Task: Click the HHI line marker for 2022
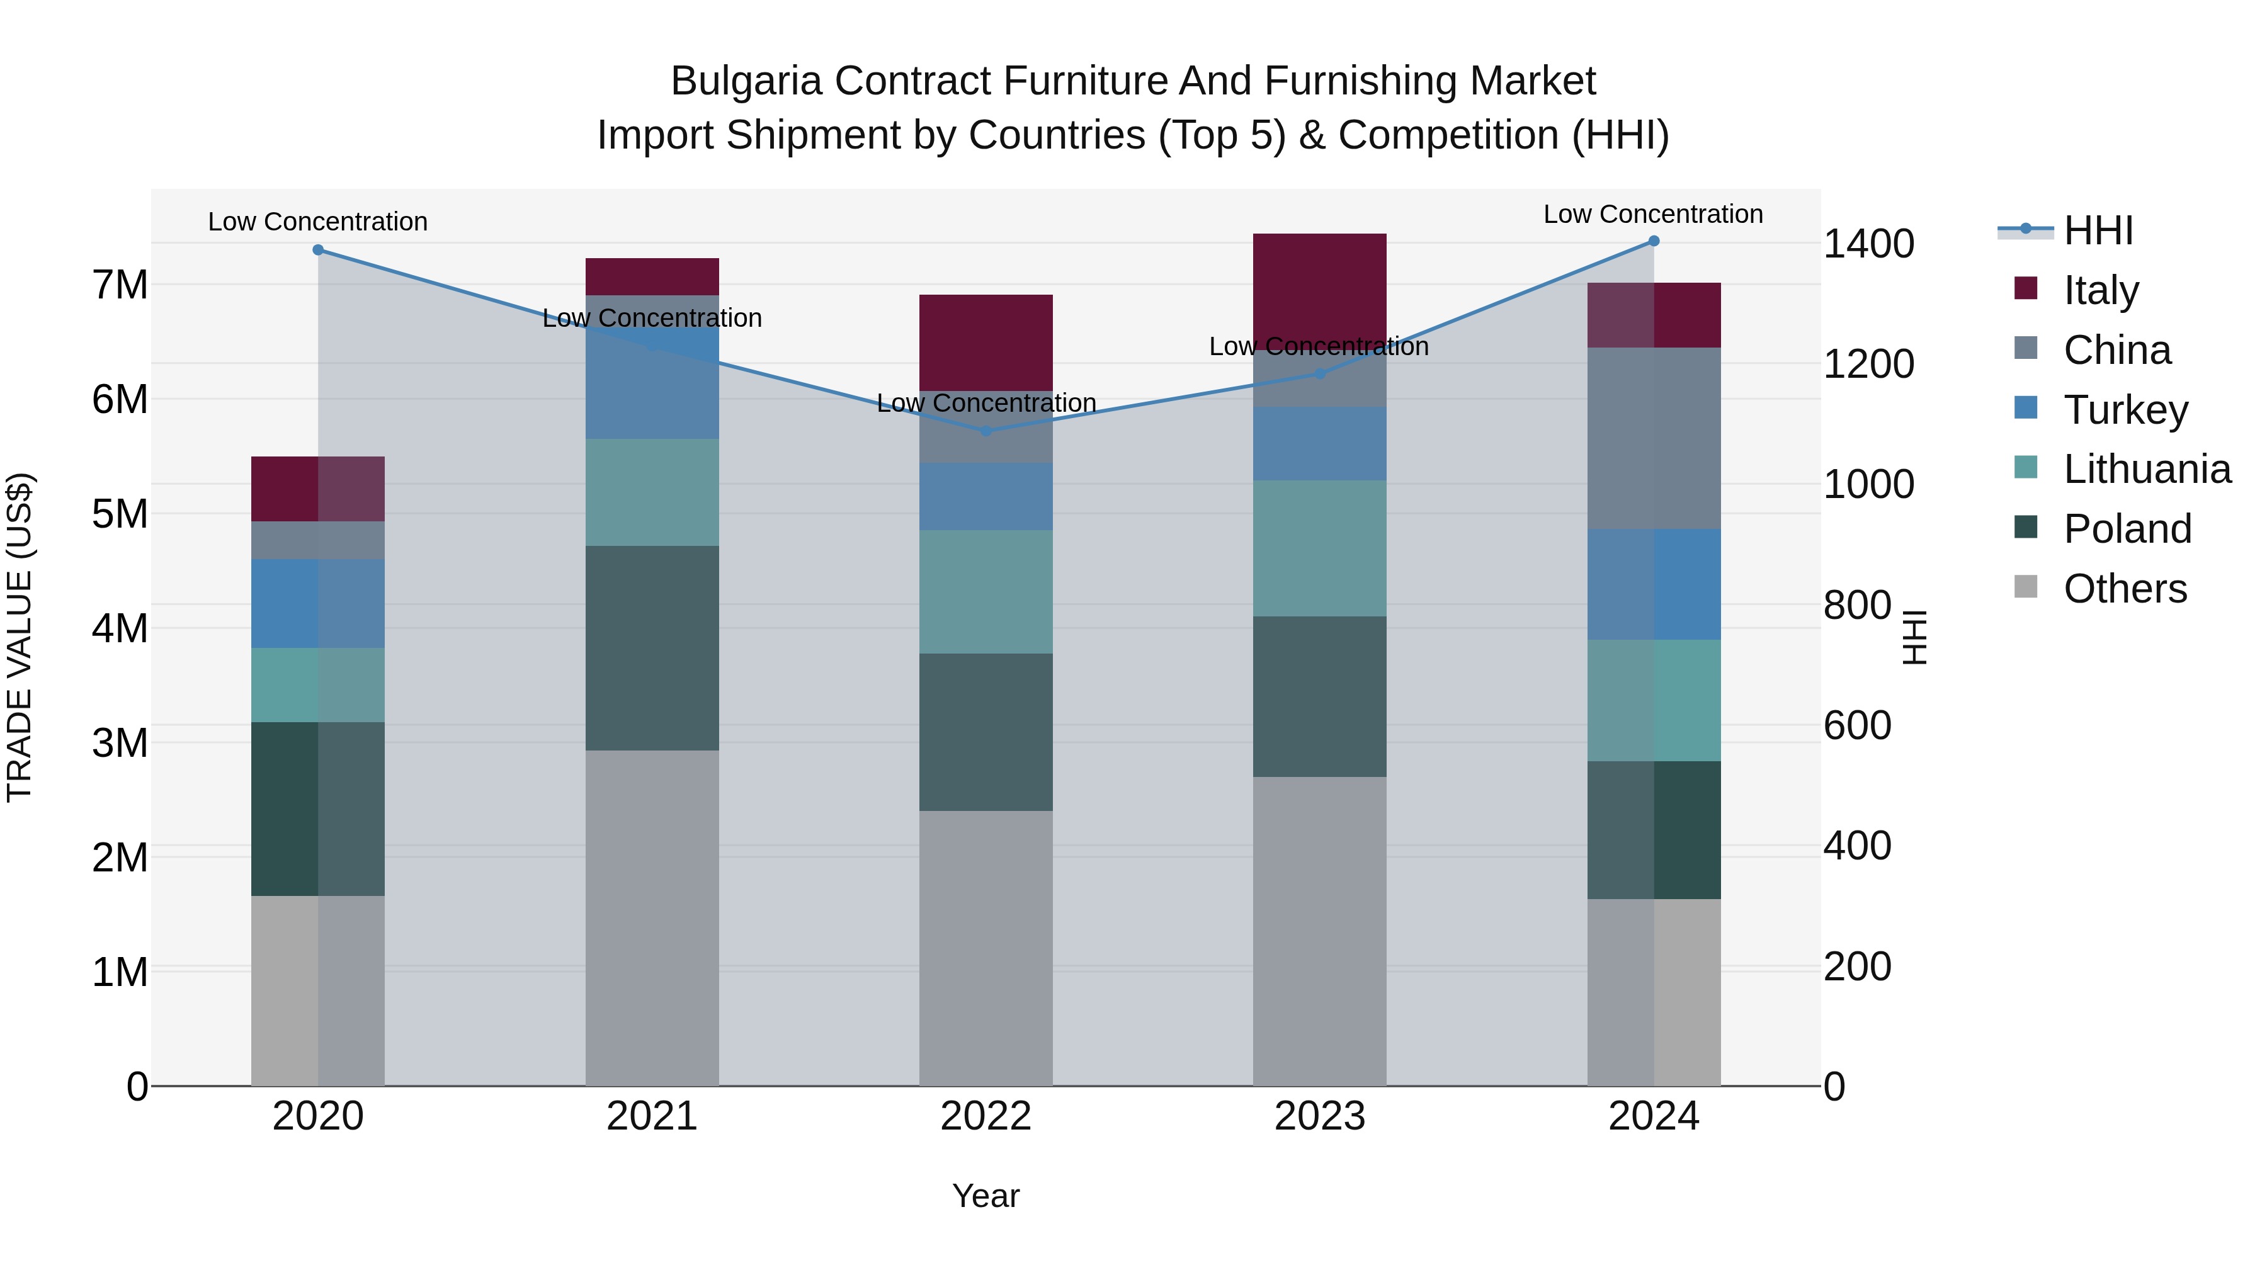pos(986,430)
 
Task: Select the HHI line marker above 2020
pos(318,250)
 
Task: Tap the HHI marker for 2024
pos(1654,241)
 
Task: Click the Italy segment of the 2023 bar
pos(1319,290)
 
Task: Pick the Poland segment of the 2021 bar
pos(652,648)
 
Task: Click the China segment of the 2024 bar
pos(1654,438)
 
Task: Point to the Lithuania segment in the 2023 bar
pos(1319,548)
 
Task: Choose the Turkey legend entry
pos(2125,410)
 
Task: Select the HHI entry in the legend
pos(2098,230)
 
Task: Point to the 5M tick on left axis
pos(120,514)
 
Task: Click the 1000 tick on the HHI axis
pos(1868,484)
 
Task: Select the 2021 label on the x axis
pos(652,1116)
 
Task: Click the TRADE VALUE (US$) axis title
pos(20,637)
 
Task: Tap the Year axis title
pos(986,1196)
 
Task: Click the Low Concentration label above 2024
pos(1653,214)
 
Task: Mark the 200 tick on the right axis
pos(1857,966)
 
